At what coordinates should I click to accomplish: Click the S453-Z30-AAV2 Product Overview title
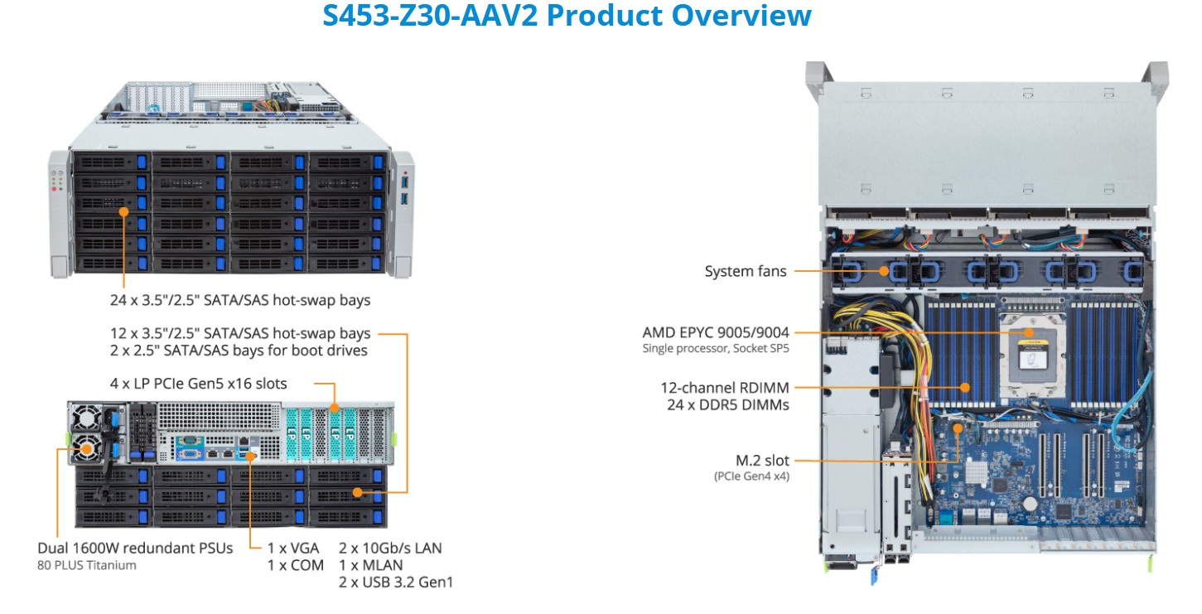click(567, 16)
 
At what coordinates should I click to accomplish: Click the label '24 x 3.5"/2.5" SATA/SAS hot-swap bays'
click(240, 299)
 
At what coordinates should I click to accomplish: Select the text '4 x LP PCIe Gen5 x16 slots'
click(199, 384)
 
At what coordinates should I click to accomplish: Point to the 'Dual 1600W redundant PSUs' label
click(135, 548)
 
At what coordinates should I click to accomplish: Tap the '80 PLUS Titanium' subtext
click(87, 565)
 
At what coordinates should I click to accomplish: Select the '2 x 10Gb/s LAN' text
click(390, 548)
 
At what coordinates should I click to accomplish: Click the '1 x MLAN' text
click(371, 565)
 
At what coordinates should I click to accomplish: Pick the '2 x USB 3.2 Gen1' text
click(396, 583)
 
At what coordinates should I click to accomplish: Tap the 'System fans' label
click(746, 271)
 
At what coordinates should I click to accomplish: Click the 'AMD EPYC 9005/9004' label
click(716, 332)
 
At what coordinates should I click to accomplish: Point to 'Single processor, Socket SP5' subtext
click(716, 349)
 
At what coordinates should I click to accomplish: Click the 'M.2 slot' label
click(760, 461)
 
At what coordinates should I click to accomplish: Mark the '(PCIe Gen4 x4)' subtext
click(751, 476)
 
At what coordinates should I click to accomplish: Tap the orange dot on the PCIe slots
click(335, 408)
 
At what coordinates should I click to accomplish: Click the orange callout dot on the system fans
click(886, 270)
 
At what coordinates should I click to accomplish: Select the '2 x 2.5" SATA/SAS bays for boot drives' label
click(239, 351)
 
